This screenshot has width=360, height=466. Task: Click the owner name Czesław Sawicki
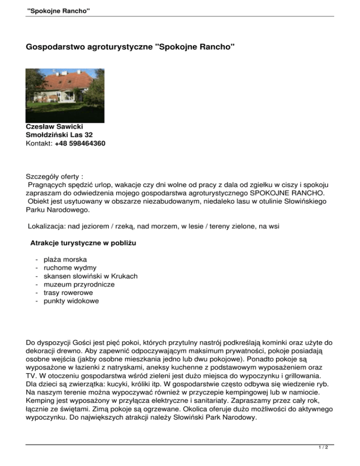55,127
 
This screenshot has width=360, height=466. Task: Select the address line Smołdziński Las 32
59,135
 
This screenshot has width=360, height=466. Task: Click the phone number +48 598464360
80,143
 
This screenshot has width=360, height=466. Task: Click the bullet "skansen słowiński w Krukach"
90,276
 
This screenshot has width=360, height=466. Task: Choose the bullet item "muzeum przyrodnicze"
79,285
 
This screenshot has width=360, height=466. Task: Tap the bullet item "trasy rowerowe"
68,293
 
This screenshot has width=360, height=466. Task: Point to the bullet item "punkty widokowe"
71,301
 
